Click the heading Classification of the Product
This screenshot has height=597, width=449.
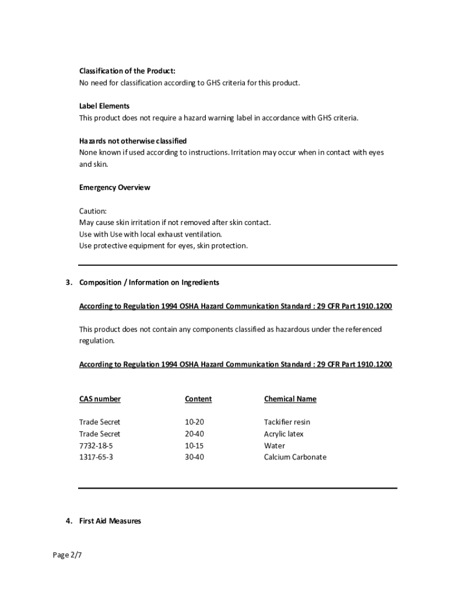coord(127,71)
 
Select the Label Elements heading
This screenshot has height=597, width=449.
coord(104,106)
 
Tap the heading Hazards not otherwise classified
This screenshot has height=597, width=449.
coord(133,141)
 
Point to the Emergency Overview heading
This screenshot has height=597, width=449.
coord(114,188)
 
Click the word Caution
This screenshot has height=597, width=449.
coord(93,211)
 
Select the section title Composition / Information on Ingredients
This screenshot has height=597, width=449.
coord(149,282)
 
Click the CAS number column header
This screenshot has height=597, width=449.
coord(100,399)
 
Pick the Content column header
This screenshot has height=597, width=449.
coord(198,399)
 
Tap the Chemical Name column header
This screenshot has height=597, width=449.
coord(290,399)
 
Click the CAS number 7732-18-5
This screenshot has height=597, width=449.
coord(96,445)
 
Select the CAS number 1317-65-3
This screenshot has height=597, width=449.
coord(96,457)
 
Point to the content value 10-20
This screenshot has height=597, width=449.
coord(194,422)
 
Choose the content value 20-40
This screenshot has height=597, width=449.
coord(194,434)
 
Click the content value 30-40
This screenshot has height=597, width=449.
coord(194,457)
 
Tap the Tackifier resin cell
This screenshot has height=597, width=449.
coord(287,422)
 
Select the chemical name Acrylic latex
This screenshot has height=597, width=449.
coord(284,434)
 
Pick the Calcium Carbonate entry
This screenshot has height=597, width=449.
coord(295,457)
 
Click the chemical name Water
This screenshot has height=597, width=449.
coord(275,445)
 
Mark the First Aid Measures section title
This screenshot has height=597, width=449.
coord(110,521)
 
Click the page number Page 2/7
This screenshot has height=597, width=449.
coord(68,555)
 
